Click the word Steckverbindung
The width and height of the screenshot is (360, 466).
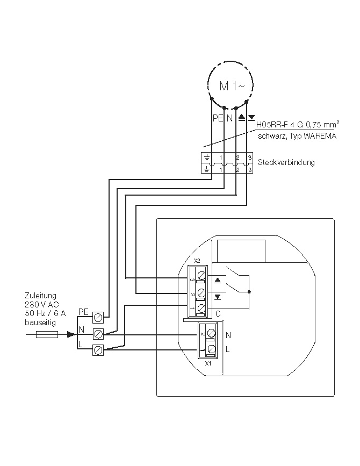(x=286, y=162)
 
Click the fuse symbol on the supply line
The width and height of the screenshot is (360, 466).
(x=46, y=334)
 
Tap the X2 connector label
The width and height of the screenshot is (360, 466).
(x=197, y=260)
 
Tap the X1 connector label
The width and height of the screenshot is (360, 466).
(x=209, y=364)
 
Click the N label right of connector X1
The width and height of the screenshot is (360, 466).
(x=228, y=335)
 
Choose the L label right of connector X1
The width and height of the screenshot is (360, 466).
(x=228, y=350)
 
